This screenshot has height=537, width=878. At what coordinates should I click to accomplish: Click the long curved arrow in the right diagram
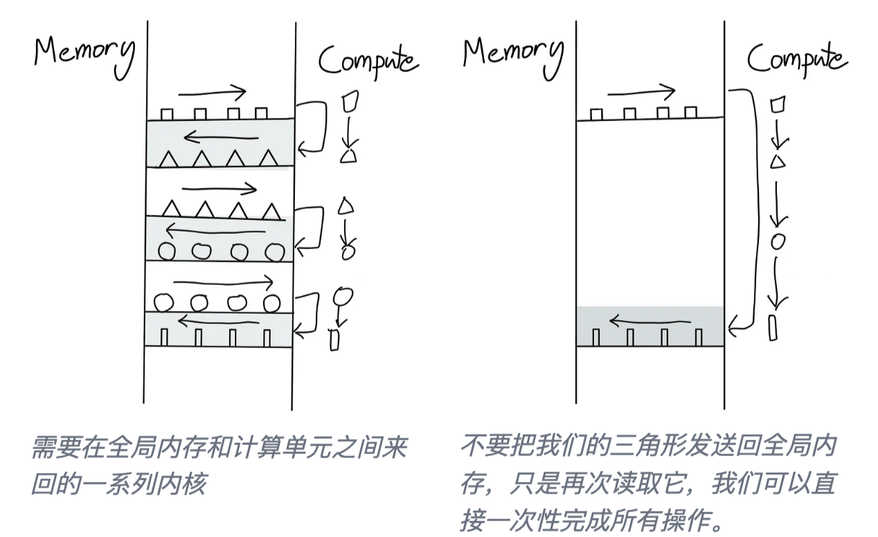pos(750,208)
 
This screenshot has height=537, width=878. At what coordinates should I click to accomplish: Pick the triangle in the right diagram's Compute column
pos(778,162)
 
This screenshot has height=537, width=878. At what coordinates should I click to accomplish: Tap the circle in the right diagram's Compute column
pos(778,242)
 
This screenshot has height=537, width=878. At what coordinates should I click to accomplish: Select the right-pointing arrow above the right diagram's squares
pos(641,91)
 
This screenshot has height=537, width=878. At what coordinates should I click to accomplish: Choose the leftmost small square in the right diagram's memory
pos(596,114)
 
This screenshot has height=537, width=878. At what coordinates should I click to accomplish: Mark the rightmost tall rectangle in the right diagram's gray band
pos(698,337)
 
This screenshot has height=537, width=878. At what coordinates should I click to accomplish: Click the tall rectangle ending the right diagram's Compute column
pos(773,327)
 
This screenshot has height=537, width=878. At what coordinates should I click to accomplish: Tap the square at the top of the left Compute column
pos(350,102)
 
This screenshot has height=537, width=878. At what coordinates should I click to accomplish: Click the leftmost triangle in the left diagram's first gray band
pos(169,159)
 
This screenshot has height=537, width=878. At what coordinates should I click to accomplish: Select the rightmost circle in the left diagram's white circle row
pos(271,302)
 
